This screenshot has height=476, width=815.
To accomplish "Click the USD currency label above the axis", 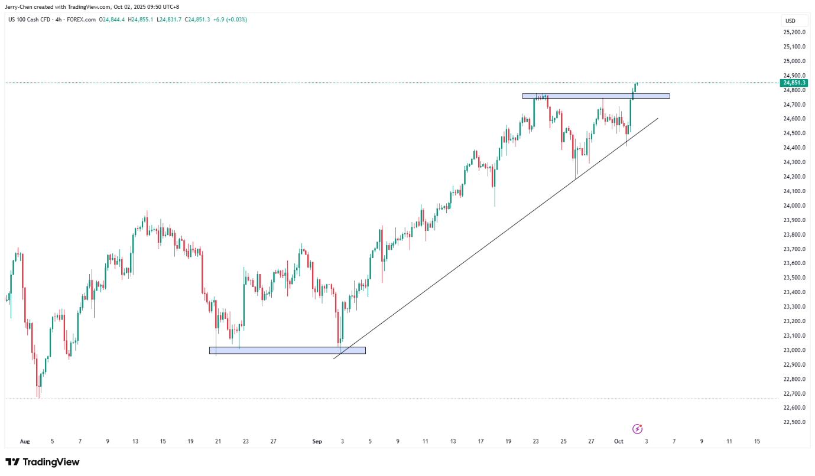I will (x=790, y=21).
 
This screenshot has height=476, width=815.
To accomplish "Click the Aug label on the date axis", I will (x=24, y=441).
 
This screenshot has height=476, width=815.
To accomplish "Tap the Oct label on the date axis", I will (x=618, y=441).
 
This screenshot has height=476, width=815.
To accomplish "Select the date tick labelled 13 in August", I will (x=135, y=441).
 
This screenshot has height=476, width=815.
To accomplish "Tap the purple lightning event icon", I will (x=637, y=429).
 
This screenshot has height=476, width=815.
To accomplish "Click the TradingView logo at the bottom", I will (x=43, y=462).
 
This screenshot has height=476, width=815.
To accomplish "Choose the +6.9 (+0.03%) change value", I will (x=230, y=19).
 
